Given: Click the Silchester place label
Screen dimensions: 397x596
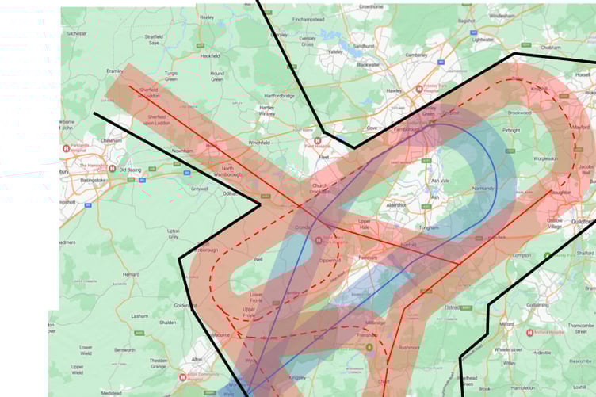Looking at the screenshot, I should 77,34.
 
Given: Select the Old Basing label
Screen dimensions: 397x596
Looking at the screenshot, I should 128,169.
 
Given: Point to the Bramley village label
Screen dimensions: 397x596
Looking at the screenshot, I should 115,71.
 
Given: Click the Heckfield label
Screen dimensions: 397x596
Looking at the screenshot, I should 210,56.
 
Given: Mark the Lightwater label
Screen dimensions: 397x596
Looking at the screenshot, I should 482,40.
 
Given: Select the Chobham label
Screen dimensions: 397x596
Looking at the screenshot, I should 550,47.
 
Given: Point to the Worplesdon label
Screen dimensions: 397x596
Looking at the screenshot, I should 533,158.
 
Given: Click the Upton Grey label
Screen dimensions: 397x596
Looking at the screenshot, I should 173,234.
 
